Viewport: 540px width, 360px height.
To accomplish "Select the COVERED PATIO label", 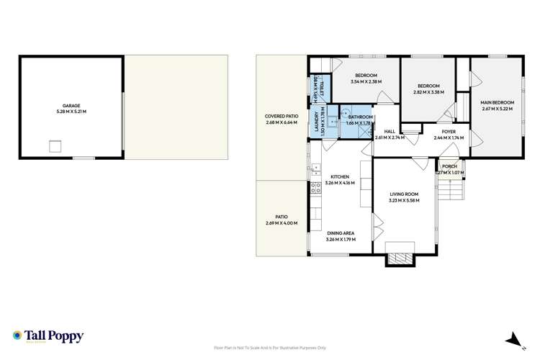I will pyautogui.click(x=282, y=120).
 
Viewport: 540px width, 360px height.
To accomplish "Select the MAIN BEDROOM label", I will pyautogui.click(x=496, y=105).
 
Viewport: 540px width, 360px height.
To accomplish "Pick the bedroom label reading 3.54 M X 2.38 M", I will pyautogui.click(x=366, y=79).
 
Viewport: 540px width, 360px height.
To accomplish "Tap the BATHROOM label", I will pyautogui.click(x=359, y=120).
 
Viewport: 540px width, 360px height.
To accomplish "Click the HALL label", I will pyautogui.click(x=389, y=134).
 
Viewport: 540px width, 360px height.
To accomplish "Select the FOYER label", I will pyautogui.click(x=448, y=134).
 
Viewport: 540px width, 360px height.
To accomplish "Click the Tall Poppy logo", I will pyautogui.click(x=48, y=336).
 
